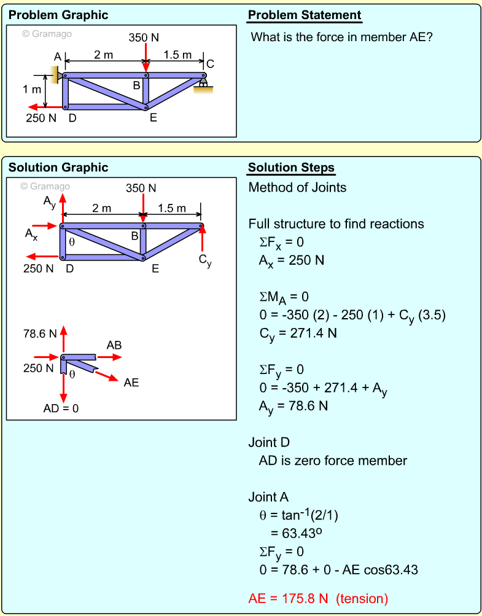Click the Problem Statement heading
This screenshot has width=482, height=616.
point(305,15)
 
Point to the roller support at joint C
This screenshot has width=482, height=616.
point(203,85)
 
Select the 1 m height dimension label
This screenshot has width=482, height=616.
point(32,90)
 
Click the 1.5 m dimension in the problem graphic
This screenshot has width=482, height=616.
point(177,55)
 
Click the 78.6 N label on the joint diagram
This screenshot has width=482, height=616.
point(40,334)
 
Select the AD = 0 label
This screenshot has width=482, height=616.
point(61,408)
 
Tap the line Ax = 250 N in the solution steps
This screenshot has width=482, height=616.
point(292,260)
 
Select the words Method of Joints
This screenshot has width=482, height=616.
point(297,187)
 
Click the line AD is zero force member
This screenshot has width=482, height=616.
point(333,461)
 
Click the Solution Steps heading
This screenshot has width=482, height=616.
point(291,168)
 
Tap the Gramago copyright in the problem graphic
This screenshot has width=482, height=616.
point(47,34)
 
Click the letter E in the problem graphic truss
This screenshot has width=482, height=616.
point(154,117)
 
